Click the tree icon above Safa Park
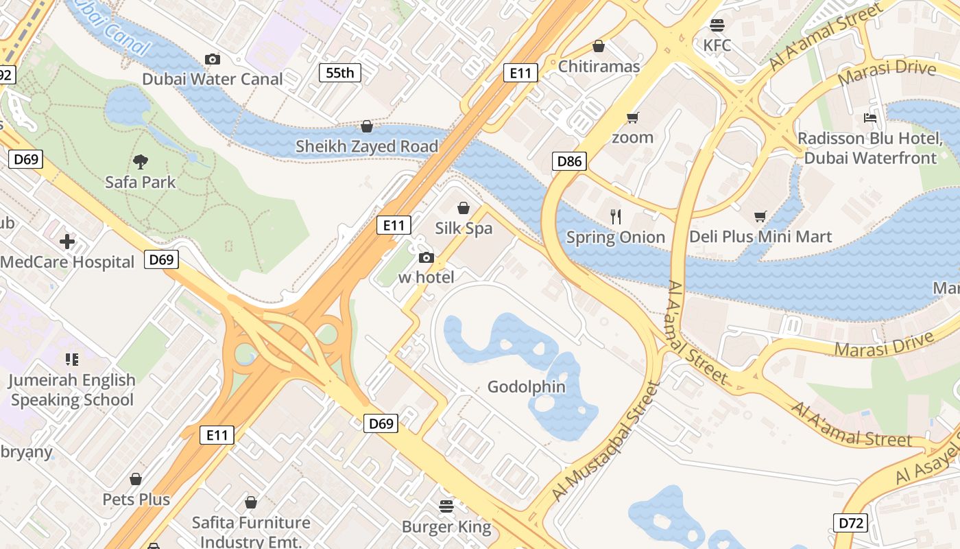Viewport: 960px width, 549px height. point(141,162)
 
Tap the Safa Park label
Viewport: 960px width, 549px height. point(141,183)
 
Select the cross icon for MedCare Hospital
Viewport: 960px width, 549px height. point(67,242)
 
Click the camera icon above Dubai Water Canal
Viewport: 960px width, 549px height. point(213,60)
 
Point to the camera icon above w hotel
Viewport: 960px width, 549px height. point(427,257)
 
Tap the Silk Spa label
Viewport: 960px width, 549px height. point(464,229)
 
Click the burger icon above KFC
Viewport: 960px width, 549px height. point(717,26)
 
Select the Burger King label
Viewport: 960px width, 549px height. point(446,527)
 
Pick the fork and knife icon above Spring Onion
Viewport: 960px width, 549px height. point(616,217)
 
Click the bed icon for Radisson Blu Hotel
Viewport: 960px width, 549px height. point(870,118)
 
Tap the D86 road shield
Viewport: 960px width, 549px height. point(569,162)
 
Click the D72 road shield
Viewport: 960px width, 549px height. point(851,523)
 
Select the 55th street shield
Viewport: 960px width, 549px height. point(339,73)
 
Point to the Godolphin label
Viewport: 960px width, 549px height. point(527,387)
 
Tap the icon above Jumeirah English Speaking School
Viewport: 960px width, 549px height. point(72,360)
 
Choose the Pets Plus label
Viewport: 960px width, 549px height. point(136,499)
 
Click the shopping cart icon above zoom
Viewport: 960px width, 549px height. point(632,117)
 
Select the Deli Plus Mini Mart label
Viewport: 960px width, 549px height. point(760,237)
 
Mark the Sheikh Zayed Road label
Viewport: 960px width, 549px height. point(367,147)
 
